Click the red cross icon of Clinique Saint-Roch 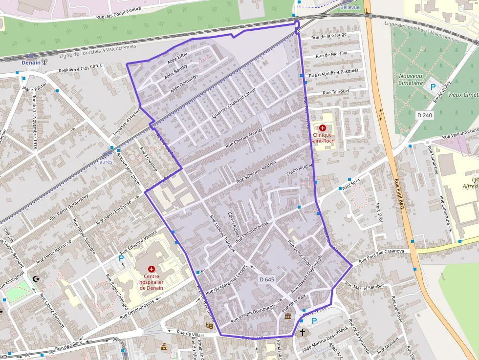[323, 127]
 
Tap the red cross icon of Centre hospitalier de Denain [152, 269]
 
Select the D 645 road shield [266, 279]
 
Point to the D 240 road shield [425, 115]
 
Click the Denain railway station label [31, 63]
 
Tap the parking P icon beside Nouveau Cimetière [433, 86]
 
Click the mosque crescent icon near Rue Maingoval [35, 279]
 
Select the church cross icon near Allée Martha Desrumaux [302, 333]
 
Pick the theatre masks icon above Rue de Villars [210, 325]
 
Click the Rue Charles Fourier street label [244, 138]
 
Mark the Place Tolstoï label [34, 86]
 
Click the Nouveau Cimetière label [411, 79]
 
